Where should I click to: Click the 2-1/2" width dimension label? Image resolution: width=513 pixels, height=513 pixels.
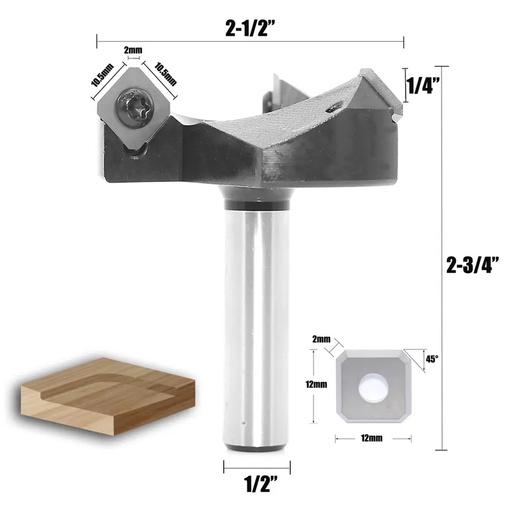pos(250,27)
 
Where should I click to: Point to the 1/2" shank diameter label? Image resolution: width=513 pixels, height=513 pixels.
pos(256,485)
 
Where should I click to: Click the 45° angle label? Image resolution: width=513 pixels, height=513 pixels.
pos(432,359)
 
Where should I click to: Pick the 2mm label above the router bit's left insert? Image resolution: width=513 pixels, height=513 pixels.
pos(133,50)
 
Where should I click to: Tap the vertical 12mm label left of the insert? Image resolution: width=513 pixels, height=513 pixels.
pos(320,384)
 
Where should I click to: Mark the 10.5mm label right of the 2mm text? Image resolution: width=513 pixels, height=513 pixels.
pos(166,74)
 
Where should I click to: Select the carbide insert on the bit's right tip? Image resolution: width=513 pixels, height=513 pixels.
pos(383,91)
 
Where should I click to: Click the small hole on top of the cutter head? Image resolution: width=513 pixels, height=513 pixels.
pos(333,107)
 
